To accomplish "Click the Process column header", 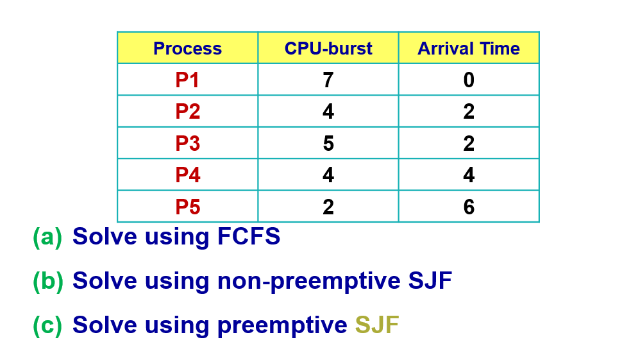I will pos(187,49).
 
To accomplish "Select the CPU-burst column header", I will pos(328,49).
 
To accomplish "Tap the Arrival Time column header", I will pos(469,49).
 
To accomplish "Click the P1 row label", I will pos(187,80).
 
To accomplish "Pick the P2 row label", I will pos(187,112).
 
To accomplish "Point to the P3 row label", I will pos(187,143).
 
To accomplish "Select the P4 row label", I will pos(187,175).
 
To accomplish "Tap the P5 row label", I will pos(187,207).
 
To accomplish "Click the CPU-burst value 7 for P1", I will pos(328,80).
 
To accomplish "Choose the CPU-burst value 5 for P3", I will pos(328,143).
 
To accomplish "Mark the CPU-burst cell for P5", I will pos(328,207).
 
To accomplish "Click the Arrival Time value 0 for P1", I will pos(469,80).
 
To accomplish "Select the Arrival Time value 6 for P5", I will pos(469,207).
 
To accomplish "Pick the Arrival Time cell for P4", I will pos(469,175).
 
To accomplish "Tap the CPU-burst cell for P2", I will pos(328,112).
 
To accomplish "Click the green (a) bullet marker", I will pos(47,237).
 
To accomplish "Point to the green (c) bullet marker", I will pos(47,325).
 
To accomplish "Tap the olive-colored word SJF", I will pos(377,325).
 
